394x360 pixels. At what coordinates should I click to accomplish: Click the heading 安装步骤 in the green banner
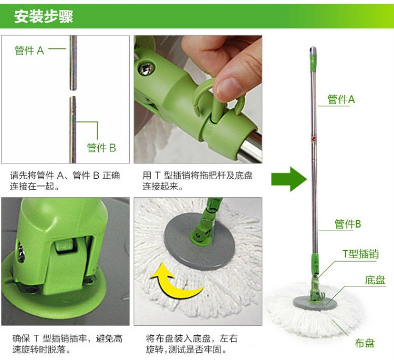pyautogui.click(x=44, y=17)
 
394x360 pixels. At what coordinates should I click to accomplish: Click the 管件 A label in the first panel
pyautogui.click(x=29, y=50)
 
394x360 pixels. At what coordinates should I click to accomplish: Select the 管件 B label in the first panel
pyautogui.click(x=101, y=148)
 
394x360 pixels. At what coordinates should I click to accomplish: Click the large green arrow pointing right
pyautogui.click(x=289, y=179)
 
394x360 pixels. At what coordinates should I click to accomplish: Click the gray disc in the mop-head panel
pyautogui.click(x=200, y=242)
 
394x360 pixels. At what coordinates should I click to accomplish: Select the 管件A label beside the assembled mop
pyautogui.click(x=341, y=99)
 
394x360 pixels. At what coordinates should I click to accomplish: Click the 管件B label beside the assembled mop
pyautogui.click(x=348, y=224)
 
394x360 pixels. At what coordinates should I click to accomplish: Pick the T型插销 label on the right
pyautogui.click(x=360, y=254)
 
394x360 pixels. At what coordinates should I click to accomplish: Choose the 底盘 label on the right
pyautogui.click(x=375, y=280)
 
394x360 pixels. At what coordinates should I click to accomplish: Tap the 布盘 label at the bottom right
pyautogui.click(x=365, y=343)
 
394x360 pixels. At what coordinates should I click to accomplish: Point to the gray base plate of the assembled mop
pyautogui.click(x=315, y=302)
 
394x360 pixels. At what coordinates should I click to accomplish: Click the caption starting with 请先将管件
pyautogui.click(x=65, y=181)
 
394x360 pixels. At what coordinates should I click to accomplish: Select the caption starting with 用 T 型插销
pyautogui.click(x=198, y=181)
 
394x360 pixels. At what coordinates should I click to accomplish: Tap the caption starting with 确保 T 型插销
pyautogui.click(x=67, y=344)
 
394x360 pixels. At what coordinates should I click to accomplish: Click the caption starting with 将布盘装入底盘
pyautogui.click(x=192, y=344)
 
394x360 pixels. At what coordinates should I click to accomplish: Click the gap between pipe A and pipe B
pyautogui.click(x=73, y=93)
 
